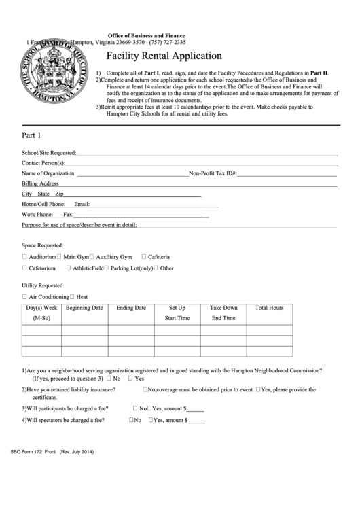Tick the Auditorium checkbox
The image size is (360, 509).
point(24,257)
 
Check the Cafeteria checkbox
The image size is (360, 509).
point(144,257)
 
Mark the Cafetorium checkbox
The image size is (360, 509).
point(24,268)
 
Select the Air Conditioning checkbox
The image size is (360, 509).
point(24,297)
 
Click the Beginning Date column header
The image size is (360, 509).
point(84,308)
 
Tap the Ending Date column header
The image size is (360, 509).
point(130,308)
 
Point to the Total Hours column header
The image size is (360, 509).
point(269,308)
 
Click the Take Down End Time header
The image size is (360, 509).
point(223,313)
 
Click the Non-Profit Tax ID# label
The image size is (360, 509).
point(213,173)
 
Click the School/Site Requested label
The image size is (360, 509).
point(49,153)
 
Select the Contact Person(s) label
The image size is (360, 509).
point(43,163)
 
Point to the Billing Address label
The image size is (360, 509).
point(40,183)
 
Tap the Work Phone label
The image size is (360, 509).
point(37,214)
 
